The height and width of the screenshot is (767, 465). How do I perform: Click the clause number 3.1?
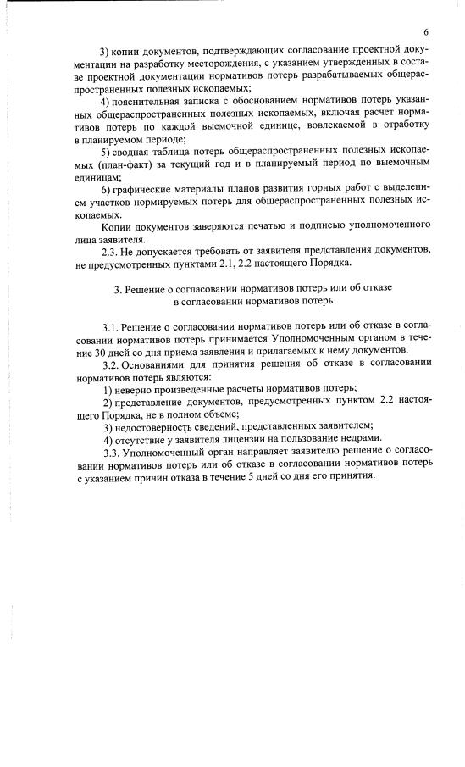pyautogui.click(x=110, y=326)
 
